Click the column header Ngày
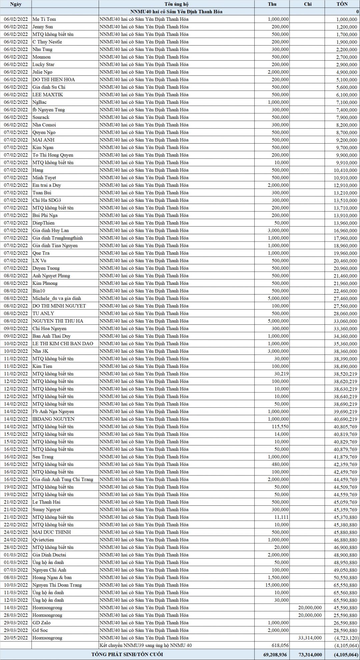pos(16,4)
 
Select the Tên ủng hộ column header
pos(176,4)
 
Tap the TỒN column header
pos(342,4)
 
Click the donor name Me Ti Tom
pos(44,19)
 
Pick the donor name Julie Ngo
pos(42,72)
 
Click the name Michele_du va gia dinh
pos(57,298)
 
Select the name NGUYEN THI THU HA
pos(58,321)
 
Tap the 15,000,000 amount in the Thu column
pos(278,585)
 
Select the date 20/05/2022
pos(16,638)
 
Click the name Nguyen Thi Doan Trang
pos(57,585)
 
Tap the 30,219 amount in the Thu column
pos(281,374)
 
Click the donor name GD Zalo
pos(41,623)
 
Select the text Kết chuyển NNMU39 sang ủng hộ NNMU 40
pos(145,645)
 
